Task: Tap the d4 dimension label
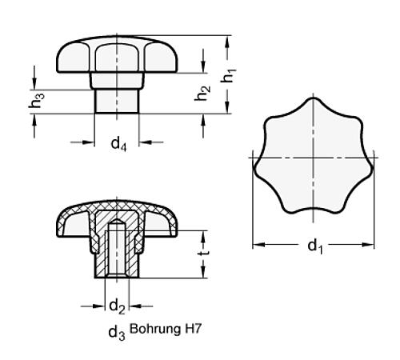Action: tap(118, 144)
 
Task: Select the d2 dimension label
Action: tap(116, 305)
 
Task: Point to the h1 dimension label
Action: tap(230, 77)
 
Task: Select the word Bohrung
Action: tap(152, 327)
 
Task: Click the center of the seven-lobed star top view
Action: tap(314, 157)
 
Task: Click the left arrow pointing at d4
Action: tap(90, 142)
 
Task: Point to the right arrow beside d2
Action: tap(137, 304)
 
